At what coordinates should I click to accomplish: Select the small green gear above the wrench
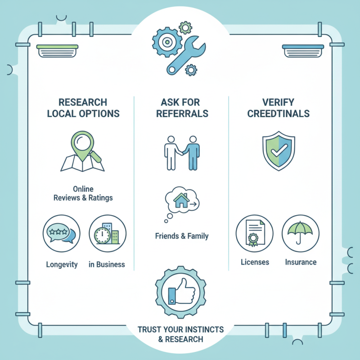tap(185, 28)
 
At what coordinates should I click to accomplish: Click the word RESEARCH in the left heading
tap(83, 103)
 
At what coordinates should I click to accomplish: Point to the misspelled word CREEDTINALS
tap(278, 114)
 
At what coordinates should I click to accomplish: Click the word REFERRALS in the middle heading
tap(182, 114)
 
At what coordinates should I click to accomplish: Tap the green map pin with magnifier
tap(82, 147)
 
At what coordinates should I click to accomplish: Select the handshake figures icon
tap(182, 153)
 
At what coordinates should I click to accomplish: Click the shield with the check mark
tap(279, 151)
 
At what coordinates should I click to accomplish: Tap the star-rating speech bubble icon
tap(62, 234)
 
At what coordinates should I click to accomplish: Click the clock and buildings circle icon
tap(108, 234)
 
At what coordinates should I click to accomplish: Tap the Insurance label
tap(301, 262)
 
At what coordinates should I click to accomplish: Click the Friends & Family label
tap(182, 236)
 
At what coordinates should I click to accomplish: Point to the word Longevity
tap(62, 265)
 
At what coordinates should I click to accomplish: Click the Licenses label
tap(255, 262)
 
